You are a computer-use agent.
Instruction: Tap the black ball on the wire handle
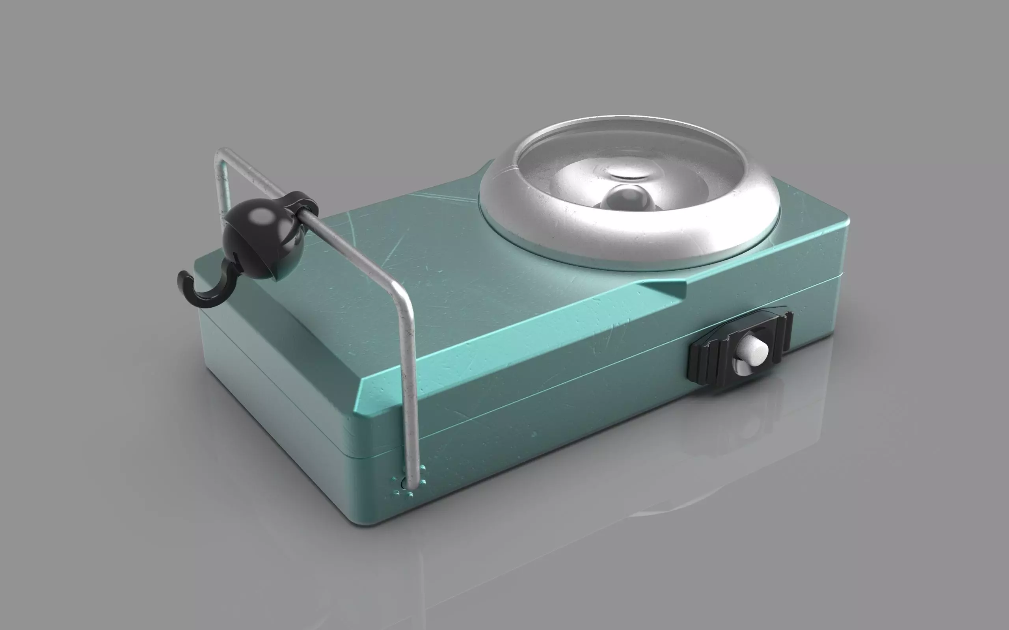pos(259,233)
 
